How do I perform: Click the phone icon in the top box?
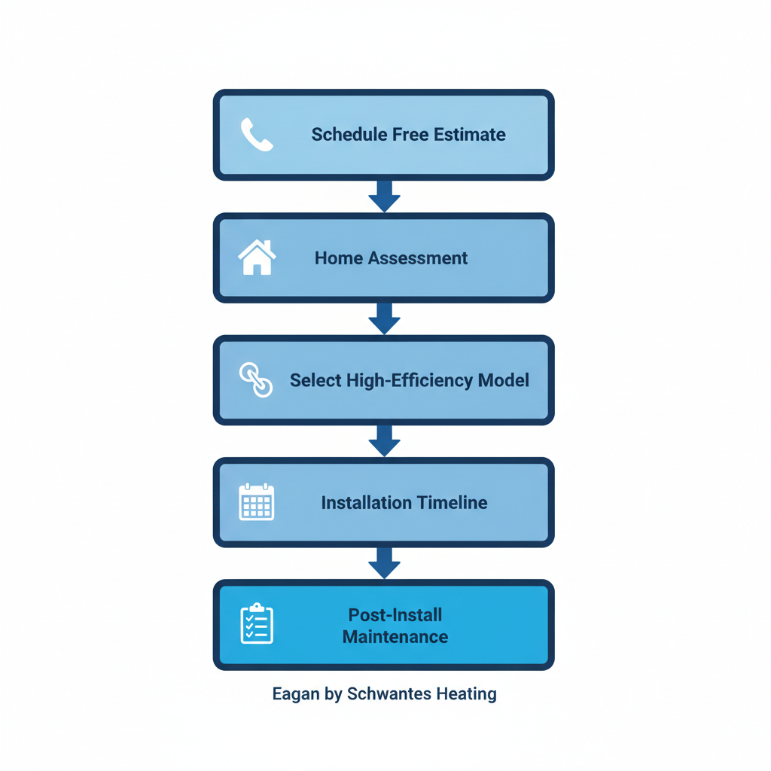pyautogui.click(x=257, y=135)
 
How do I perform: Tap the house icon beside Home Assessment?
pyautogui.click(x=257, y=258)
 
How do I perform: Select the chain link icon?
pyautogui.click(x=256, y=379)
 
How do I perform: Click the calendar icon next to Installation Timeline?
pyautogui.click(x=257, y=502)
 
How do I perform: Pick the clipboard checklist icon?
pyautogui.click(x=257, y=624)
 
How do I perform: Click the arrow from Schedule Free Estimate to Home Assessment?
pyautogui.click(x=384, y=196)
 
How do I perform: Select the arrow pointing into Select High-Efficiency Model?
pyautogui.click(x=384, y=318)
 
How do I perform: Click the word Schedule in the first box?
pyautogui.click(x=349, y=135)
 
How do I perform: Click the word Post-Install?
pyautogui.click(x=395, y=614)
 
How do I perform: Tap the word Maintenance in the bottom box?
pyautogui.click(x=395, y=637)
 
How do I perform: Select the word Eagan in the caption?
pyautogui.click(x=296, y=694)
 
